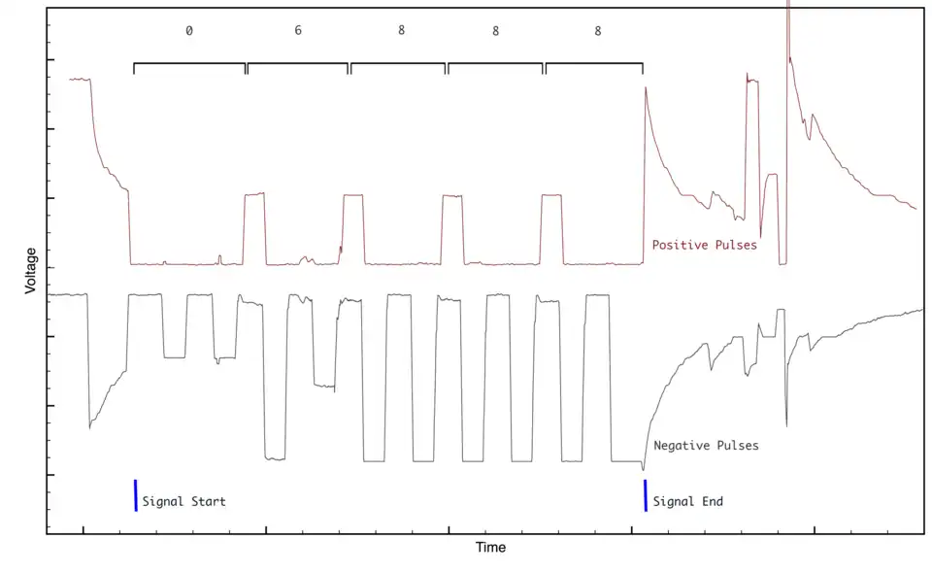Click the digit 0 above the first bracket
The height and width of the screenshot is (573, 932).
coord(188,31)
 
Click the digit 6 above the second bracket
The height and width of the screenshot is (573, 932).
coord(298,31)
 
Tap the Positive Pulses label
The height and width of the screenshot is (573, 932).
coord(704,245)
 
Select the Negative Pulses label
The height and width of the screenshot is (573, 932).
coord(706,446)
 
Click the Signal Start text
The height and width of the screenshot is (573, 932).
coord(183,502)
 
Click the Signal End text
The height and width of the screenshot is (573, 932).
coord(687,502)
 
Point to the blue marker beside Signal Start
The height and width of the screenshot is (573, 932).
coord(135,494)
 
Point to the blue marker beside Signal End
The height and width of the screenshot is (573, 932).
coord(645,494)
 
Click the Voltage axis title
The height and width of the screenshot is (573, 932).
coord(31,271)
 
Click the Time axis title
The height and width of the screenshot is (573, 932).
coord(490,548)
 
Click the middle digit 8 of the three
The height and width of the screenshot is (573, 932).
coord(495,31)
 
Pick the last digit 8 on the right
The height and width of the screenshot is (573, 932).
coord(597,31)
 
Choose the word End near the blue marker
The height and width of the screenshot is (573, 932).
coord(711,502)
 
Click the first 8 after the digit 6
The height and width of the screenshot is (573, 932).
coord(401,31)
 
